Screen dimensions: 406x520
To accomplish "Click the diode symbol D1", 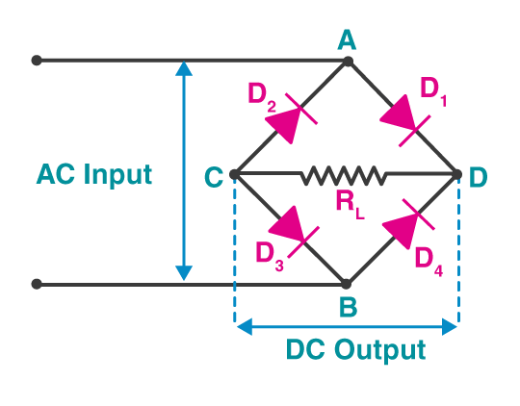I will click(x=403, y=119).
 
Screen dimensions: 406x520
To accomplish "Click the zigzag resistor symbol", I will click(x=345, y=175).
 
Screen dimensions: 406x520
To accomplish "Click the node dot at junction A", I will click(x=348, y=61).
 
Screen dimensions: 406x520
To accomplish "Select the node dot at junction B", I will click(x=347, y=285).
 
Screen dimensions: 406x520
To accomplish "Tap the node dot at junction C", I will click(x=235, y=175).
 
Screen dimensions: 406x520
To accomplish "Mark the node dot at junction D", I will click(x=458, y=175).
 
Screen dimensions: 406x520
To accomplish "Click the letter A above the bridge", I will click(x=347, y=38).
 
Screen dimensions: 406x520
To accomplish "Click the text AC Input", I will click(x=94, y=175).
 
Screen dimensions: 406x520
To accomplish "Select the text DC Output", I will click(x=355, y=348).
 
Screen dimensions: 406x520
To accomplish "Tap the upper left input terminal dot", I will click(x=37, y=61).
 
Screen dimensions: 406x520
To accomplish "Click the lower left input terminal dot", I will click(x=37, y=285).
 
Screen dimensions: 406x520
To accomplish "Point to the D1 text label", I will click(x=434, y=89).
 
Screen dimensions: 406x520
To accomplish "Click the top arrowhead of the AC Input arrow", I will click(x=183, y=68).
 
